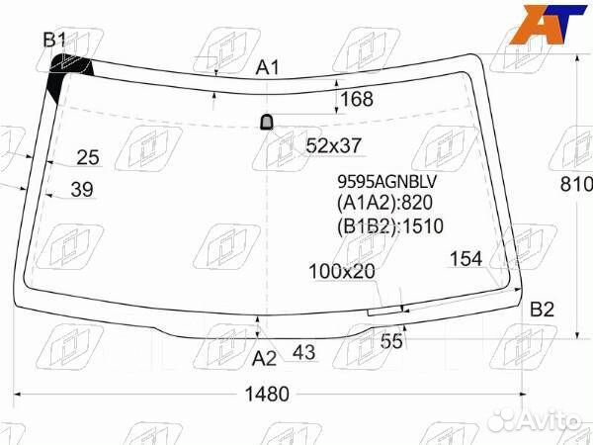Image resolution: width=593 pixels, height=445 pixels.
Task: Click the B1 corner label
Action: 54,40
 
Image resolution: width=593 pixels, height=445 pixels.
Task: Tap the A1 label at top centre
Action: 268,68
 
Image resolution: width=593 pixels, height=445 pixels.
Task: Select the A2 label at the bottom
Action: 264,358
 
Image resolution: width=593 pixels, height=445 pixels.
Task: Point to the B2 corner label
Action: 542,310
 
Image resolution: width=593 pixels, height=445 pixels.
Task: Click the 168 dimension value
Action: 357,99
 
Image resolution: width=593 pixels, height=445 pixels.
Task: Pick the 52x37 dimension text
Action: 334,145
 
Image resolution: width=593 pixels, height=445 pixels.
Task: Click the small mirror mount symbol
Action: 267,123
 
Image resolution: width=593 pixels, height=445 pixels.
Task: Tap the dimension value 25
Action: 88,157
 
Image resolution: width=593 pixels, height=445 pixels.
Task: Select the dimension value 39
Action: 82,189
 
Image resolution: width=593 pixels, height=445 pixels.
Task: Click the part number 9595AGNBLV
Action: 386,182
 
